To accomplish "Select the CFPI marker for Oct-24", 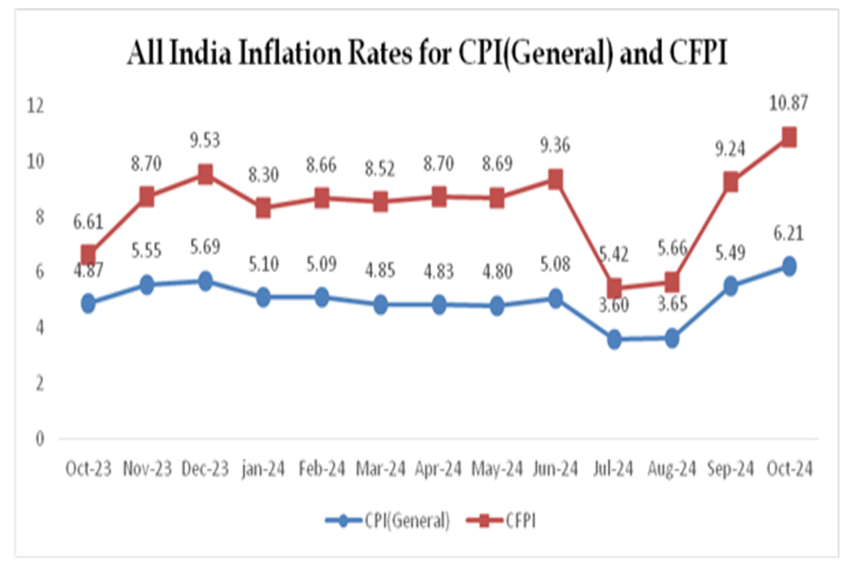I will [x=788, y=137].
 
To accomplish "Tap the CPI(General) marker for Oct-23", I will [x=89, y=303].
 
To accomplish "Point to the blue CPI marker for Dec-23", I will [x=205, y=281].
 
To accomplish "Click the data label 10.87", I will [x=788, y=103].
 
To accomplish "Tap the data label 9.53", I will [x=206, y=142].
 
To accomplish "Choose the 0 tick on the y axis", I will [x=40, y=439].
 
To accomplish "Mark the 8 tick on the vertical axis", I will [x=40, y=216].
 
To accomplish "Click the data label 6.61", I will [x=88, y=221].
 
